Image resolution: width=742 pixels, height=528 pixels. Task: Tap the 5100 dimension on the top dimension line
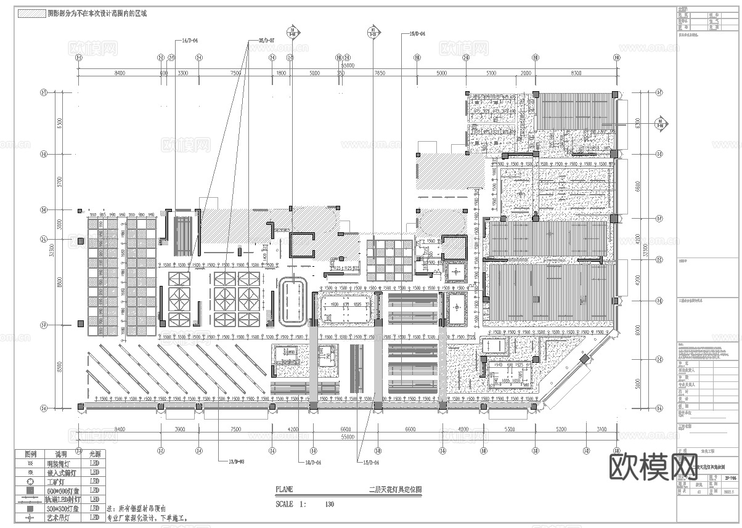[491, 73]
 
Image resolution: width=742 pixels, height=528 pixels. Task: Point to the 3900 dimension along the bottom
[179, 429]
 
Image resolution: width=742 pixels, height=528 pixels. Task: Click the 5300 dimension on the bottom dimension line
[508, 429]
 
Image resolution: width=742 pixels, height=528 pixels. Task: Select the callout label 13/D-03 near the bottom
[237, 461]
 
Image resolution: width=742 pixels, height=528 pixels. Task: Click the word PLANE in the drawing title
[285, 490]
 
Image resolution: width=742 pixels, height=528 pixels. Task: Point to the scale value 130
[329, 504]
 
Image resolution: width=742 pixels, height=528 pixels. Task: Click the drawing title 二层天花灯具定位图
[394, 490]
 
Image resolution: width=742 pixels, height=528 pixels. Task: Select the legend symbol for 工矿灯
[30, 481]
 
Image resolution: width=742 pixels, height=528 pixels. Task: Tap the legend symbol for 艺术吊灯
[30, 518]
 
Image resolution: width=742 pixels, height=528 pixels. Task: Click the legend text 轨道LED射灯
[61, 500]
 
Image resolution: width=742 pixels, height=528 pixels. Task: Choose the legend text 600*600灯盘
[61, 490]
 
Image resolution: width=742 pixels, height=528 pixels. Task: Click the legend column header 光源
[94, 453]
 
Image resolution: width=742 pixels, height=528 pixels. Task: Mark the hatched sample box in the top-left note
[31, 13]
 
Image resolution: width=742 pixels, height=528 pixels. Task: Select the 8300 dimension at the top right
[576, 73]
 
